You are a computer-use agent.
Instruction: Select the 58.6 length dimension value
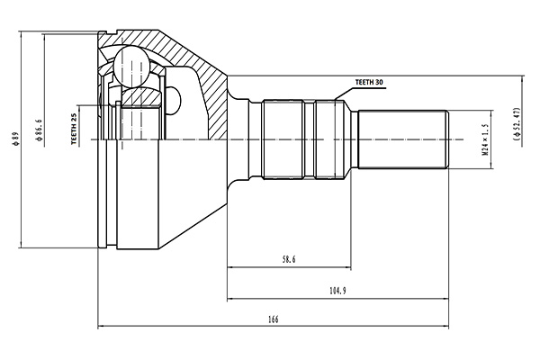[289, 259]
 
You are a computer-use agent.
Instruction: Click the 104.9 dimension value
[337, 291]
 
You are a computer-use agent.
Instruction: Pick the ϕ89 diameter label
[16, 140]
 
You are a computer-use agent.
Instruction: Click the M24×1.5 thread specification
[483, 139]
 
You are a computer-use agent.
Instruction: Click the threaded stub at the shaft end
[403, 139]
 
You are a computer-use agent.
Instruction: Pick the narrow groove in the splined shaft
[310, 139]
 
